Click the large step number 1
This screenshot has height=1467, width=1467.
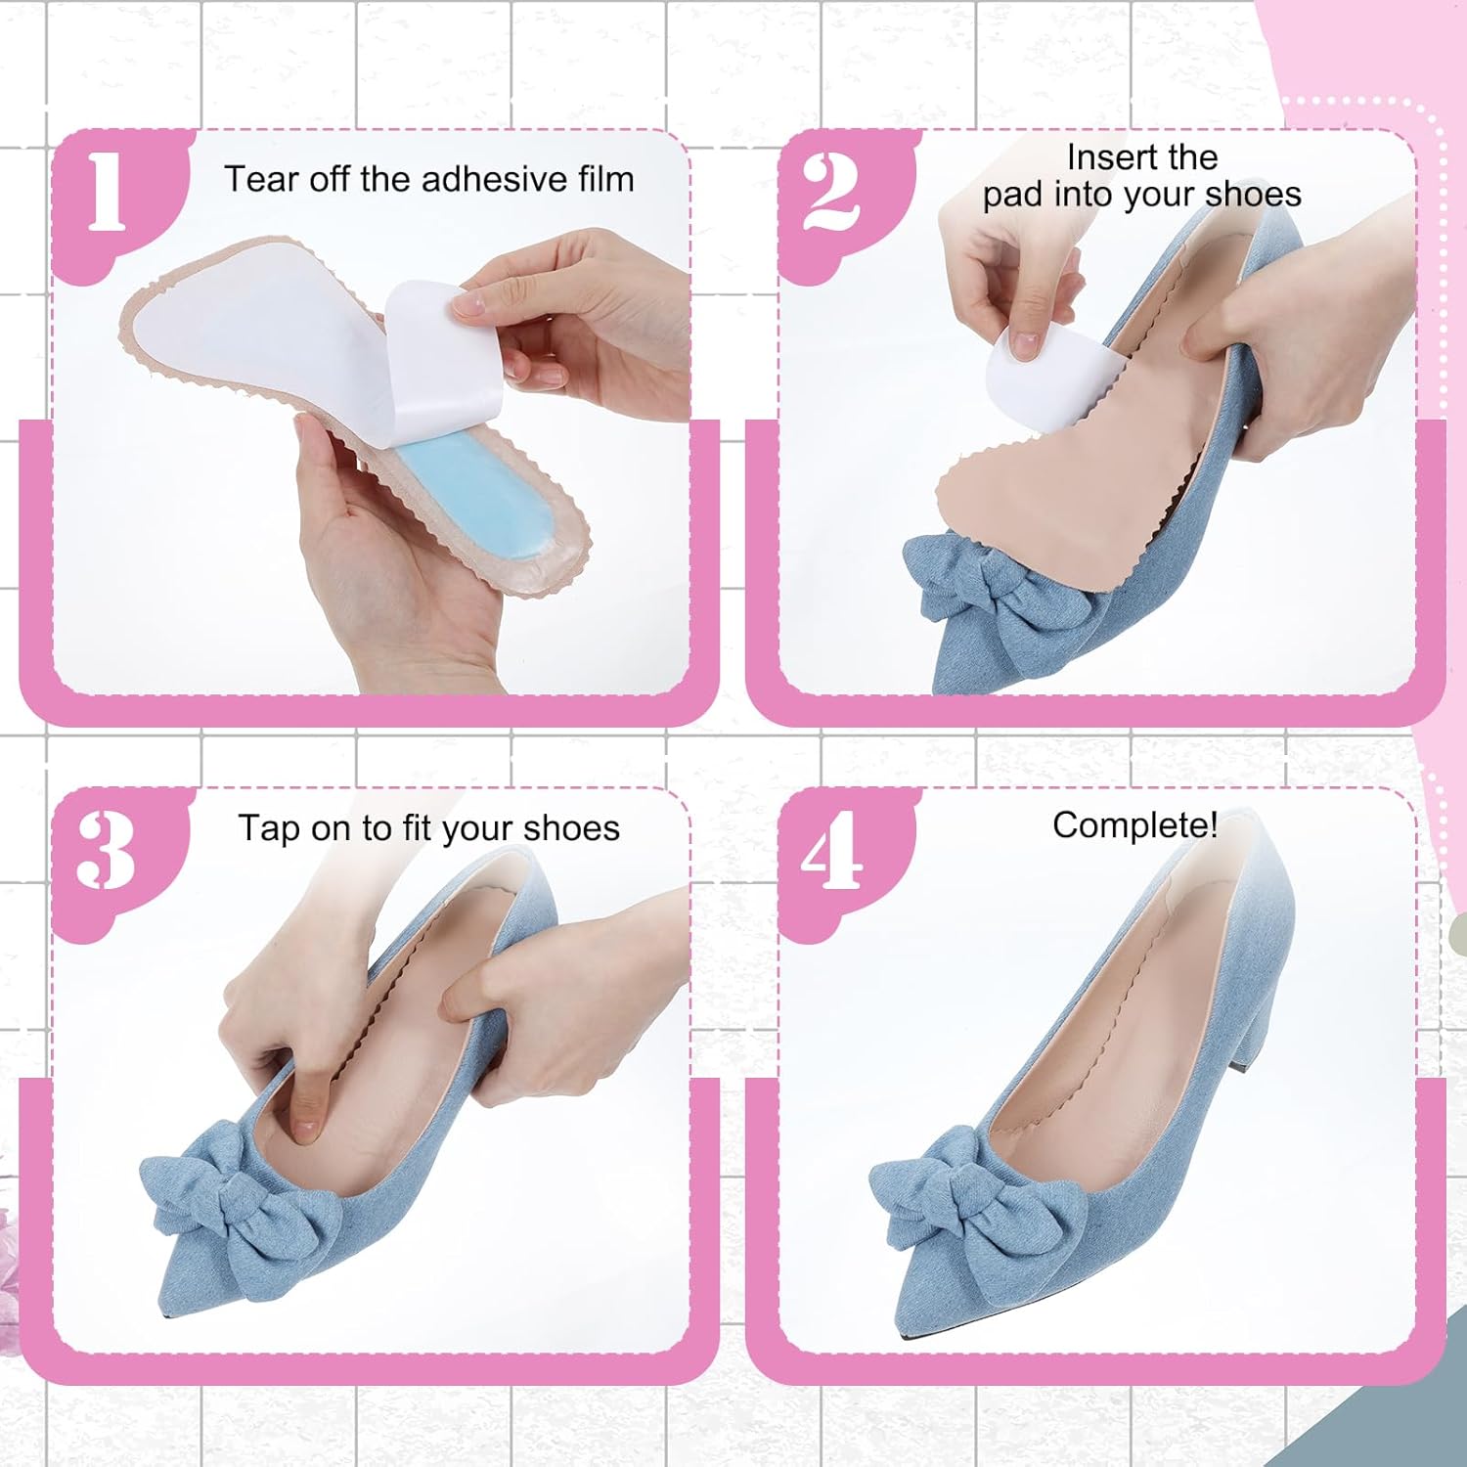click(107, 192)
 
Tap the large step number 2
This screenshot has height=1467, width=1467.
click(831, 192)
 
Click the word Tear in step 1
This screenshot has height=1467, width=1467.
click(261, 179)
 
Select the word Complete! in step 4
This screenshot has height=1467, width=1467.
click(1134, 825)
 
